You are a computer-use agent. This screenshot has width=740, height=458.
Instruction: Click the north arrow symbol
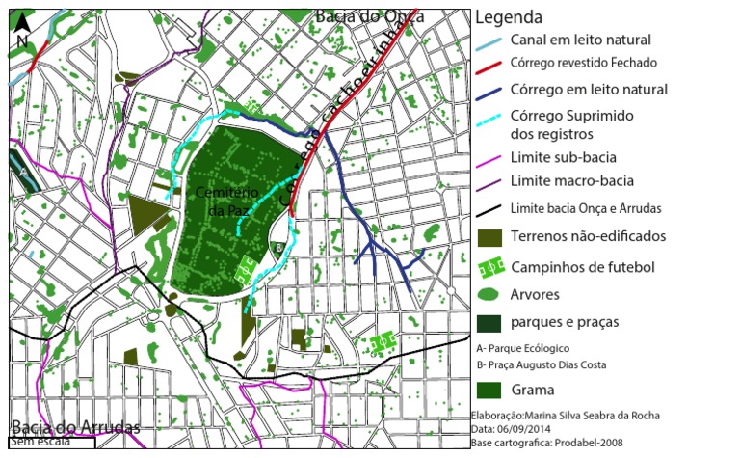21,32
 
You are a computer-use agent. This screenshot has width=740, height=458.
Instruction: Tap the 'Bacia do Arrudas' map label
76,427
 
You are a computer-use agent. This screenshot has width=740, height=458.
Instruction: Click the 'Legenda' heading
508,17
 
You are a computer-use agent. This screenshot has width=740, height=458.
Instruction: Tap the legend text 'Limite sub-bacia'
563,157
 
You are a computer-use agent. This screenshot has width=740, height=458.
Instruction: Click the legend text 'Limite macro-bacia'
571,181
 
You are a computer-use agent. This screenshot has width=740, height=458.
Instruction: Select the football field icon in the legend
491,266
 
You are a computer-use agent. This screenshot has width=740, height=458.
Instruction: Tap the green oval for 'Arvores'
490,293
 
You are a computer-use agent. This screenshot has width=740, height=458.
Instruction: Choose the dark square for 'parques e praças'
489,322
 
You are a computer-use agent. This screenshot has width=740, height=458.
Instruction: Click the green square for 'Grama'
490,390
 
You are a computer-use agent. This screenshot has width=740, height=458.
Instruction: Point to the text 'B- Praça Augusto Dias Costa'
554,365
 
